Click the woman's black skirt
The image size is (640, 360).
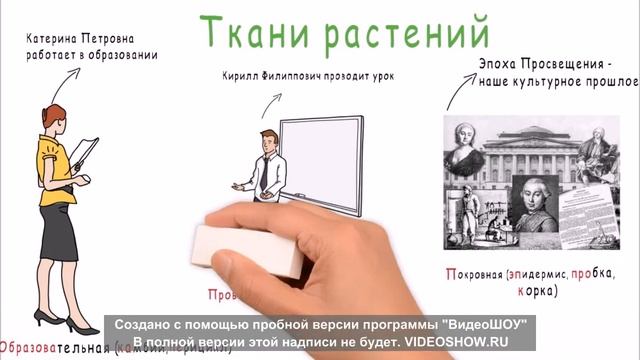coord(58,231)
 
